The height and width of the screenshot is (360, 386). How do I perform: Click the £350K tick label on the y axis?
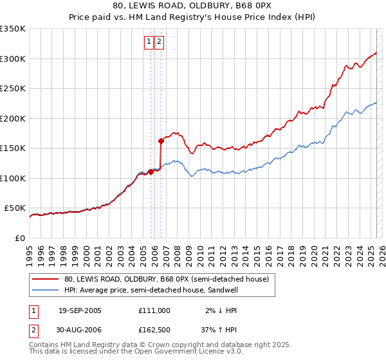pyautogui.click(x=12, y=29)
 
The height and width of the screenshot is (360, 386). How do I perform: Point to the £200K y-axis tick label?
pyautogui.click(x=12, y=118)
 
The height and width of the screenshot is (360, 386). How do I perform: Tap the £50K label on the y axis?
pyautogui.click(x=15, y=208)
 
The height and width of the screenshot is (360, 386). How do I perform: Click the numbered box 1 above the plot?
pyautogui.click(x=149, y=42)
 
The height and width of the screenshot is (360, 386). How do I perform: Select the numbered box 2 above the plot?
pyautogui.click(x=159, y=42)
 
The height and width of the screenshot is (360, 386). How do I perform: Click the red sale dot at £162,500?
pyautogui.click(x=161, y=141)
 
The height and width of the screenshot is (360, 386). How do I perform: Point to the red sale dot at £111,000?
pyautogui.click(x=151, y=172)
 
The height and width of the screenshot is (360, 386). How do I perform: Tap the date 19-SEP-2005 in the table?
pyautogui.click(x=80, y=310)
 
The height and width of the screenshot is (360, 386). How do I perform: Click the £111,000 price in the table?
pyautogui.click(x=154, y=310)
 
